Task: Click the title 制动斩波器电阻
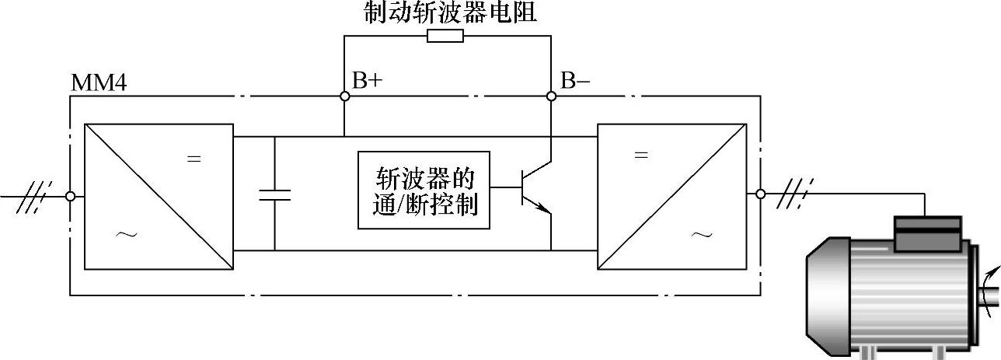click(x=450, y=12)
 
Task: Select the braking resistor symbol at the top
click(x=445, y=36)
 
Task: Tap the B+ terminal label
click(x=367, y=81)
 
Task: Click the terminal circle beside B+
click(x=344, y=96)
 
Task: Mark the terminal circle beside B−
click(x=550, y=96)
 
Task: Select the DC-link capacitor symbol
click(x=274, y=194)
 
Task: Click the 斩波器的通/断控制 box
click(x=424, y=190)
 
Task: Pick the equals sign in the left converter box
click(x=194, y=159)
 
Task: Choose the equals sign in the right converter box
click(x=641, y=155)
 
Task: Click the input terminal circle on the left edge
click(x=71, y=197)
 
